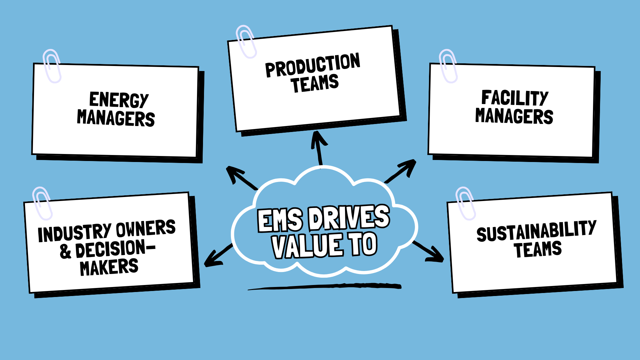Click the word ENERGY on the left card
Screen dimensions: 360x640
click(119, 100)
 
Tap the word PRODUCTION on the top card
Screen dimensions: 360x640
click(312, 65)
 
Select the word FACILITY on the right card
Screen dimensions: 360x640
click(515, 98)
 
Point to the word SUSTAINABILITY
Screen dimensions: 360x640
click(536, 231)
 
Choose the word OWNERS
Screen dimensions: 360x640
click(146, 228)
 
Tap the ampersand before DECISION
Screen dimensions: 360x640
click(66, 251)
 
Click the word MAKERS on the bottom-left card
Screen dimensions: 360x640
click(109, 267)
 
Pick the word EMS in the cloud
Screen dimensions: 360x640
click(280, 220)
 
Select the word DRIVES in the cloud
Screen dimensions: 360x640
click(349, 217)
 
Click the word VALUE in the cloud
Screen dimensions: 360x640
click(307, 246)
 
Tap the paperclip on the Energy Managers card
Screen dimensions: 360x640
click(52, 66)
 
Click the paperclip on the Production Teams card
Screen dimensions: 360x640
click(246, 41)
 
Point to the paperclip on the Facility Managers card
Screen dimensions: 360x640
click(448, 66)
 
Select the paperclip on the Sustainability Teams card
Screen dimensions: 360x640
click(465, 203)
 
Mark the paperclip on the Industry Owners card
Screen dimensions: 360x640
click(42, 203)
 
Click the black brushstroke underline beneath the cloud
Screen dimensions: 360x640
click(325, 287)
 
